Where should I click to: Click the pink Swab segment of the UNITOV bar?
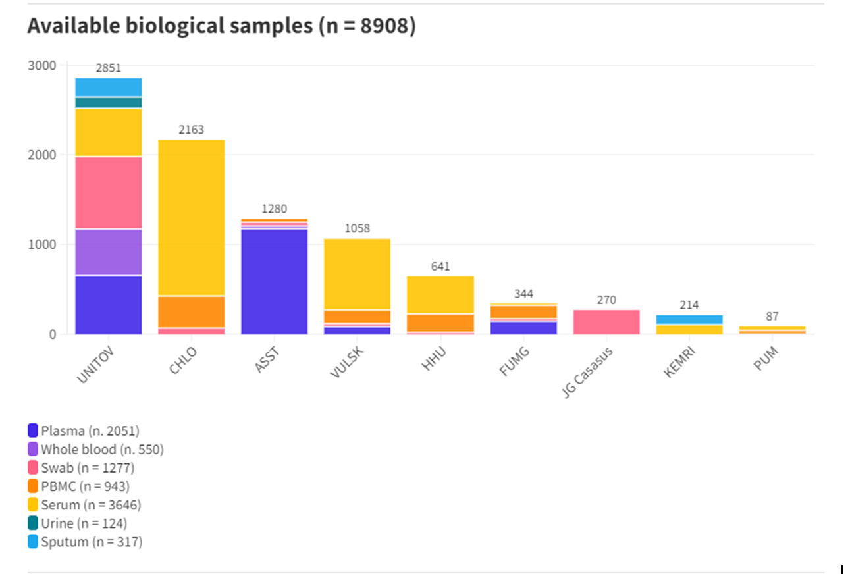(109, 192)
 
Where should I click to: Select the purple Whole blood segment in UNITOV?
(109, 252)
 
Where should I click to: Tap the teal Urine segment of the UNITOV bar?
(109, 102)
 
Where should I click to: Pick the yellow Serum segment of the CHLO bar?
(192, 217)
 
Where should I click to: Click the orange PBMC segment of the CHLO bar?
(192, 311)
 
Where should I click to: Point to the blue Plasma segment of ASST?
(275, 281)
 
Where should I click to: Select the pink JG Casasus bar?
(606, 322)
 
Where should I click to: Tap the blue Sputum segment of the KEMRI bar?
(689, 319)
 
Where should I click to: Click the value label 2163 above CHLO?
(192, 130)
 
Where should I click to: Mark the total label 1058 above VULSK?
(358, 228)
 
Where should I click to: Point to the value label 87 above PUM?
(772, 317)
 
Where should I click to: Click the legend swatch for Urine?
(33, 523)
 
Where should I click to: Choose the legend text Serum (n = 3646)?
(91, 505)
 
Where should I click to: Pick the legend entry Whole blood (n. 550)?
(102, 450)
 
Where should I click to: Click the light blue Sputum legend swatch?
(33, 542)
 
